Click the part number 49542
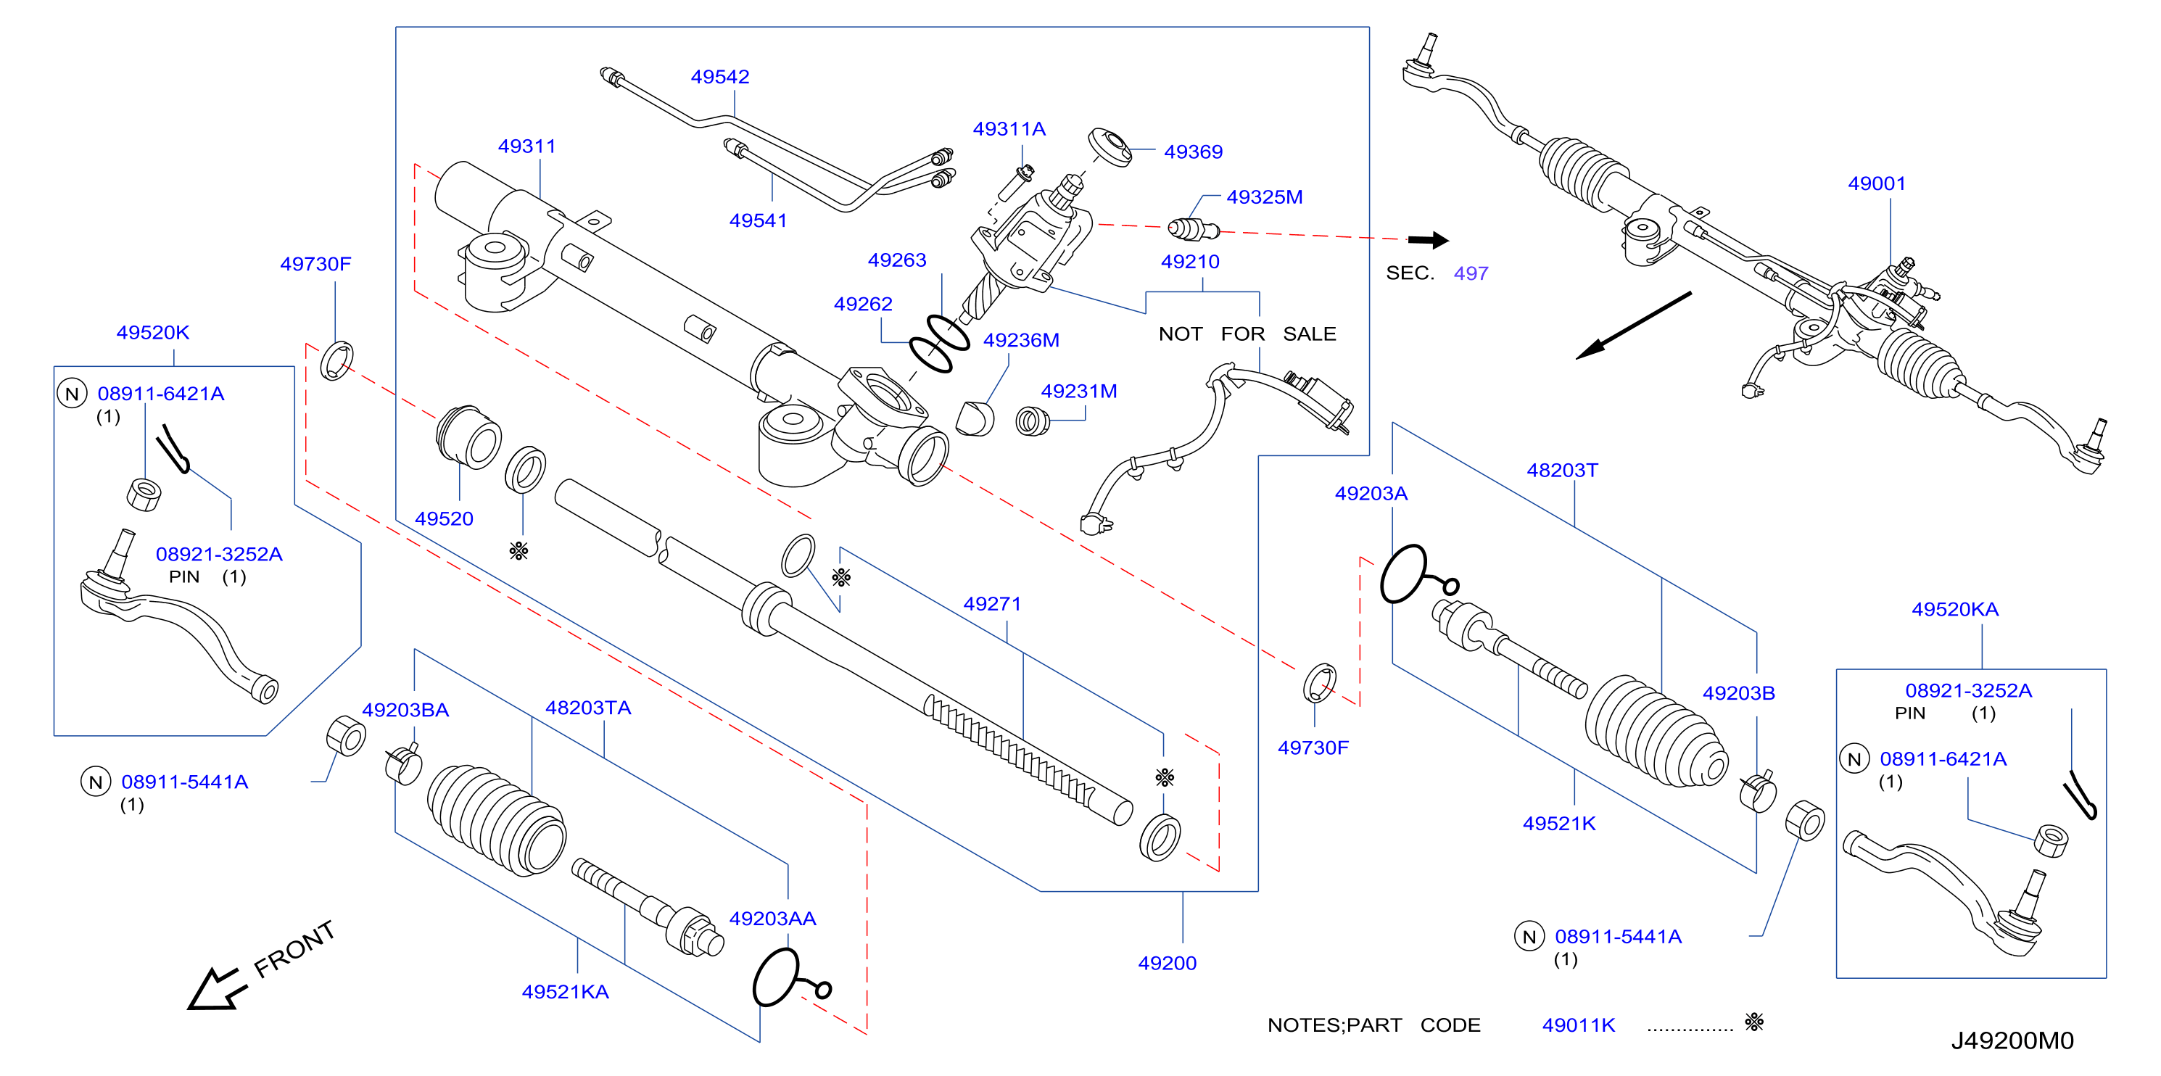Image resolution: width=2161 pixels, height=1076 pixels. pos(720,76)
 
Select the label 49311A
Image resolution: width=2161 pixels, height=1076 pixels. pos(1009,129)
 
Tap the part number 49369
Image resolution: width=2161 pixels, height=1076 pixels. pos(1193,152)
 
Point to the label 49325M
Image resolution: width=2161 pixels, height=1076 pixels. pos(1264,197)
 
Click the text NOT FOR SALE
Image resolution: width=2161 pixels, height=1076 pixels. pos(1247,334)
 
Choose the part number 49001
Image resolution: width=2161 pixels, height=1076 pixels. pos(1877,183)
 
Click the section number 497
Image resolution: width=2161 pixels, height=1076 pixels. pos(1471,273)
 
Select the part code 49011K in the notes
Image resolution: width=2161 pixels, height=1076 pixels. pos(1578,1025)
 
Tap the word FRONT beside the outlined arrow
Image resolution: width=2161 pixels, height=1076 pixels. pos(294,949)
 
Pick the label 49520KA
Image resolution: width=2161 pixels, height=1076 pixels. pos(1954,610)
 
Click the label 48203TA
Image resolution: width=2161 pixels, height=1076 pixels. pos(588,708)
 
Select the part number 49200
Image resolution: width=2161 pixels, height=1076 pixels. pos(1167,964)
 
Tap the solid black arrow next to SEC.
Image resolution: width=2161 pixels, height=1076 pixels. pos(1428,241)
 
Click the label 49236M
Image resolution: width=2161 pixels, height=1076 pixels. pos(1021,341)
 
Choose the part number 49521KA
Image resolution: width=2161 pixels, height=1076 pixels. pos(565,992)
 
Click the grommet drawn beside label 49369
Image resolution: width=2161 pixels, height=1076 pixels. pos(1110,148)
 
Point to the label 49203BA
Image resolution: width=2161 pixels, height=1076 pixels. pos(405,711)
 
